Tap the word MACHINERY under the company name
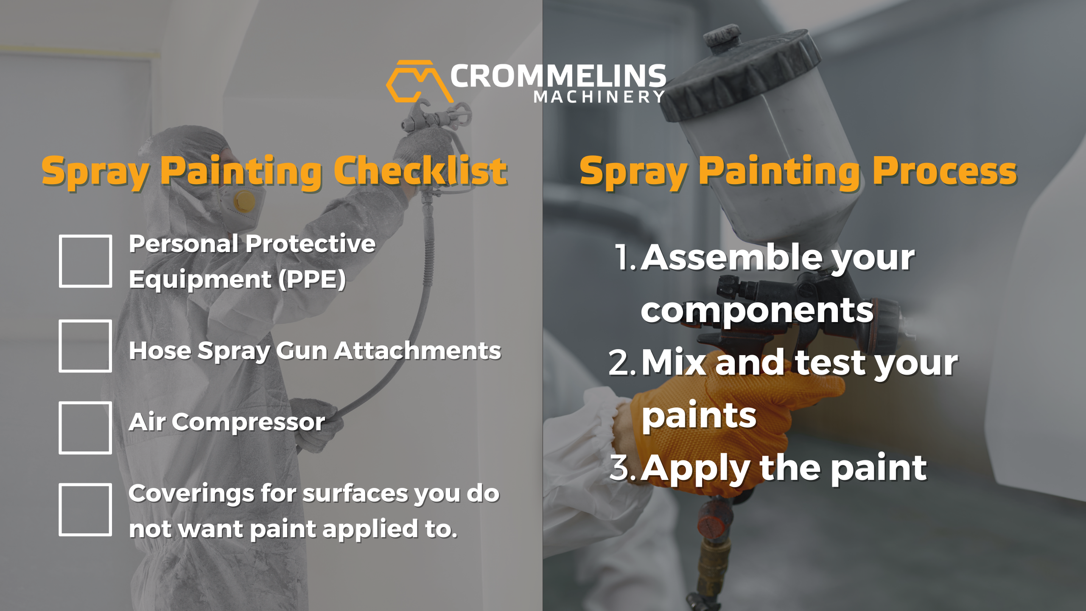click(599, 97)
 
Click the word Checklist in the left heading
click(420, 171)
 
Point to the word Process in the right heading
click(945, 171)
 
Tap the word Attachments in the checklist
click(417, 351)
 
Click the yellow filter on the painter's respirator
click(244, 201)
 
